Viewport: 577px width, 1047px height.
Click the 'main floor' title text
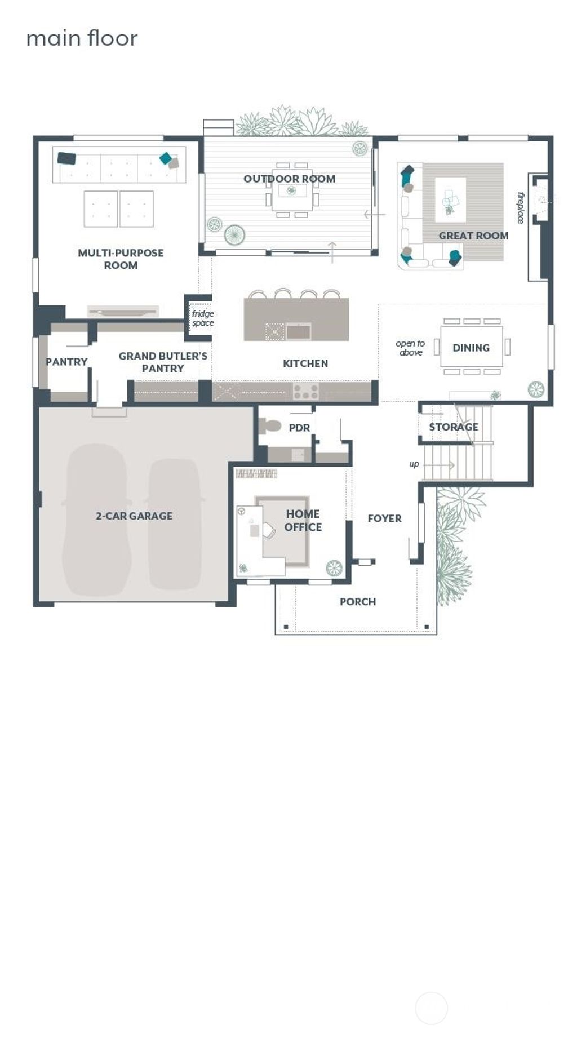(82, 38)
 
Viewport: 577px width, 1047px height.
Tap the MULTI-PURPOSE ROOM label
(121, 259)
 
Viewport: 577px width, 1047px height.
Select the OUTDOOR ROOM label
(289, 179)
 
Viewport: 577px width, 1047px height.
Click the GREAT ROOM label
(473, 236)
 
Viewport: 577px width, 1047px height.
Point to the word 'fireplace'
(521, 208)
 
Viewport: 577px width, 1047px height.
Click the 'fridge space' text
(203, 318)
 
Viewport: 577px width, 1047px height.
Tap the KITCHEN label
(305, 363)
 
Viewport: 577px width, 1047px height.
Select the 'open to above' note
(410, 348)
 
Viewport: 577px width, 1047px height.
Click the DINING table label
(471, 348)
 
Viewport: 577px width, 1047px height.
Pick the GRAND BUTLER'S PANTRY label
(162, 362)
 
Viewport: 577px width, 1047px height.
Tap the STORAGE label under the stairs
(454, 427)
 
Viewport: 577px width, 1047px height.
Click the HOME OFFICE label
(303, 520)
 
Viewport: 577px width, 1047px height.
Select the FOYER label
(384, 518)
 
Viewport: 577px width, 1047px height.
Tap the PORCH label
(357, 602)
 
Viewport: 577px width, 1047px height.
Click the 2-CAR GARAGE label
(134, 516)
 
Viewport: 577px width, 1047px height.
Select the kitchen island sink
(298, 332)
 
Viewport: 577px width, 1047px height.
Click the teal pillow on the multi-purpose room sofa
(166, 158)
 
